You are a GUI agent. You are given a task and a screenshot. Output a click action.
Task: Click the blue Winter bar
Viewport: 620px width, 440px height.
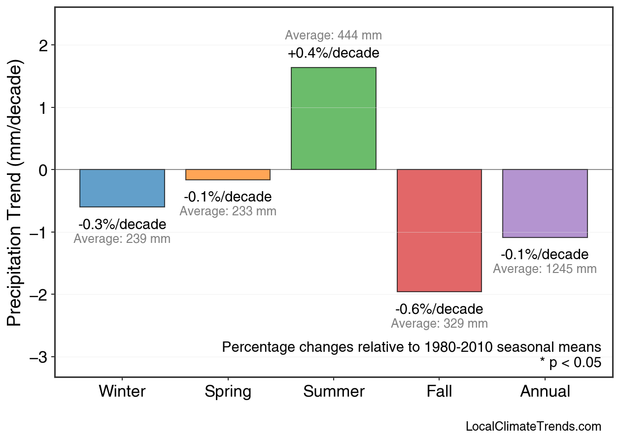122,188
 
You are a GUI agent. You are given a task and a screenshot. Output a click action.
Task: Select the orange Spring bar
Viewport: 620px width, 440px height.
228,175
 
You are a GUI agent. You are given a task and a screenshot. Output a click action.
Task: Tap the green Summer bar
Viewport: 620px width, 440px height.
334,119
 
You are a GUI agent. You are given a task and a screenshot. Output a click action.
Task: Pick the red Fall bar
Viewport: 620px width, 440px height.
439,231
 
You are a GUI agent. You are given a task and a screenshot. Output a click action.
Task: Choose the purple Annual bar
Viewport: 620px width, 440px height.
545,203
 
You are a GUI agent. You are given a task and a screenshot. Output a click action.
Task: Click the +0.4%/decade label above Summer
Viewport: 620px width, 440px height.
334,53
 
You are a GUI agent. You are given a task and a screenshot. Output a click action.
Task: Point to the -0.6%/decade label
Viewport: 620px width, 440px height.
439,309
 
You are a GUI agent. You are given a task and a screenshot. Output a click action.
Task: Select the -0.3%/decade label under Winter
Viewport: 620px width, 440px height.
122,225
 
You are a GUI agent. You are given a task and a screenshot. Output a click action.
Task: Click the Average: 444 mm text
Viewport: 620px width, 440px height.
334,35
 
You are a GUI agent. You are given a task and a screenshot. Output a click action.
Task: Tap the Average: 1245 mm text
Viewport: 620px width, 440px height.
545,269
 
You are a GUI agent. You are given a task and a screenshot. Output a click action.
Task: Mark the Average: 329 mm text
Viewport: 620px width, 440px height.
439,324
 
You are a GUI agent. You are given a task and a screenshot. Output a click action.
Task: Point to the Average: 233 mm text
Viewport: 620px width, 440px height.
228,211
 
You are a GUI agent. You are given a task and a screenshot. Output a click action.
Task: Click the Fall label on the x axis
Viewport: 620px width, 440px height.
439,392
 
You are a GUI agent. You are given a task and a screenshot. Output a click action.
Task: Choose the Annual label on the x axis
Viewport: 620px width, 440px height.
545,392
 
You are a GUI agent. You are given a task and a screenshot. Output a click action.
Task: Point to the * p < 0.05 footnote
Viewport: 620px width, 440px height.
570,363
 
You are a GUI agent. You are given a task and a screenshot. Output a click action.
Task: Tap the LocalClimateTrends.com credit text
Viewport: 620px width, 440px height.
533,427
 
